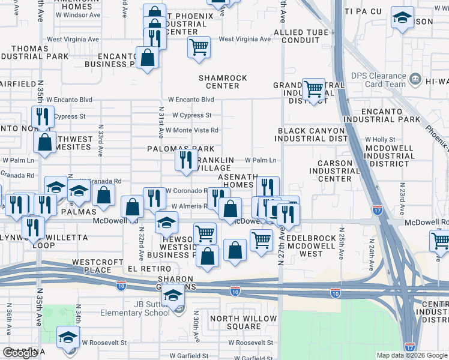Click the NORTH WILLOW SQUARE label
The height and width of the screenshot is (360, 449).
pyautogui.click(x=244, y=323)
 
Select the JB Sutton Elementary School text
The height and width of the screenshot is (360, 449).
pyautogui.click(x=152, y=308)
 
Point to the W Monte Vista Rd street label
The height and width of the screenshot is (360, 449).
pyautogui.click(x=191, y=130)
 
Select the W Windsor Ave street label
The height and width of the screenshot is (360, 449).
pyautogui.click(x=77, y=14)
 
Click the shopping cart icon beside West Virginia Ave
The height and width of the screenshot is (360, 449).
pyautogui.click(x=199, y=46)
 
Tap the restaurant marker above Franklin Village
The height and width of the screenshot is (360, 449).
pyautogui.click(x=186, y=159)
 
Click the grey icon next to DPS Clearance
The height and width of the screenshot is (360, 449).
pyautogui.click(x=414, y=79)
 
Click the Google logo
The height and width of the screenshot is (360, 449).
pyautogui.click(x=20, y=353)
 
